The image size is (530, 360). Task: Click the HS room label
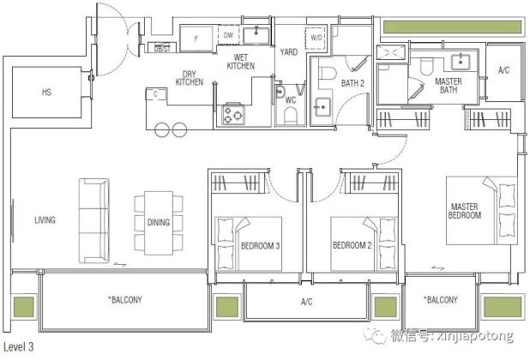click(46, 92)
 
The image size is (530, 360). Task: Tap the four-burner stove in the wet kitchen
click(233, 114)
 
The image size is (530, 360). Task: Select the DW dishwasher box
click(228, 35)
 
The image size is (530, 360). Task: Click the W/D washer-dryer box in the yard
click(316, 38)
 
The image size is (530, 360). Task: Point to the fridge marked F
click(196, 39)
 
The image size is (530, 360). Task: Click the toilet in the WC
click(291, 117)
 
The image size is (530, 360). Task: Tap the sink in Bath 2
click(322, 107)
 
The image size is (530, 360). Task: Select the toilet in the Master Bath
click(426, 67)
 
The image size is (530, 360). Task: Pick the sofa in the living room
click(94, 221)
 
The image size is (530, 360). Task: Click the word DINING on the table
click(159, 222)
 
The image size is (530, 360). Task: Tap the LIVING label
click(45, 220)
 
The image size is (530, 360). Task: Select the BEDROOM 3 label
click(260, 246)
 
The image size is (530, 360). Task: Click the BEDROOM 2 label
click(352, 245)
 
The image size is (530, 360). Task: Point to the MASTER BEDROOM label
click(465, 211)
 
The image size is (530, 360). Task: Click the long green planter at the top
click(453, 27)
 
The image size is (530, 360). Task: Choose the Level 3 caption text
click(18, 347)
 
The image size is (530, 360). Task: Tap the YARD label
click(289, 52)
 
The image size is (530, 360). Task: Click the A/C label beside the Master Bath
click(503, 70)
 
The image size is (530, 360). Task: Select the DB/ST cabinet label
click(162, 49)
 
